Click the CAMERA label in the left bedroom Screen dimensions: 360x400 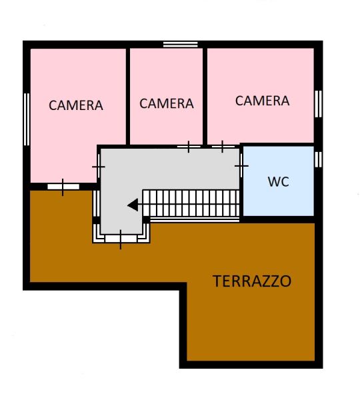point(76,105)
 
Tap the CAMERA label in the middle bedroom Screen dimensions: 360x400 point(167,103)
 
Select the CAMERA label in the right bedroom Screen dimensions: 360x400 point(262,101)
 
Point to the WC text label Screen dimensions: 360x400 point(279,181)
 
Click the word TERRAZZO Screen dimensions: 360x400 point(252,281)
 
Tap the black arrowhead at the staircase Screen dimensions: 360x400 point(133,205)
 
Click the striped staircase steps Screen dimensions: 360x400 point(191,203)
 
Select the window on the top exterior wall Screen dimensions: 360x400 point(181,45)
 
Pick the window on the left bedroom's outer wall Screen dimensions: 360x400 point(27,119)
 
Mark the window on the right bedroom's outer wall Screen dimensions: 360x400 point(318,104)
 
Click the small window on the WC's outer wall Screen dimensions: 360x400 point(318,159)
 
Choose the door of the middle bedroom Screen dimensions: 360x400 point(189,147)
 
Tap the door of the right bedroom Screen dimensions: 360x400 point(223,147)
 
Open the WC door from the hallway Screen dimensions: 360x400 point(241,166)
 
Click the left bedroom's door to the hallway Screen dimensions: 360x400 point(99,167)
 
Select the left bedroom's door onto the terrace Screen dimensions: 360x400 point(63,187)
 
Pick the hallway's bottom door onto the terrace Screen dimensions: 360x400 point(121,239)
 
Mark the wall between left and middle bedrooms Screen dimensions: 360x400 point(128,97)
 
